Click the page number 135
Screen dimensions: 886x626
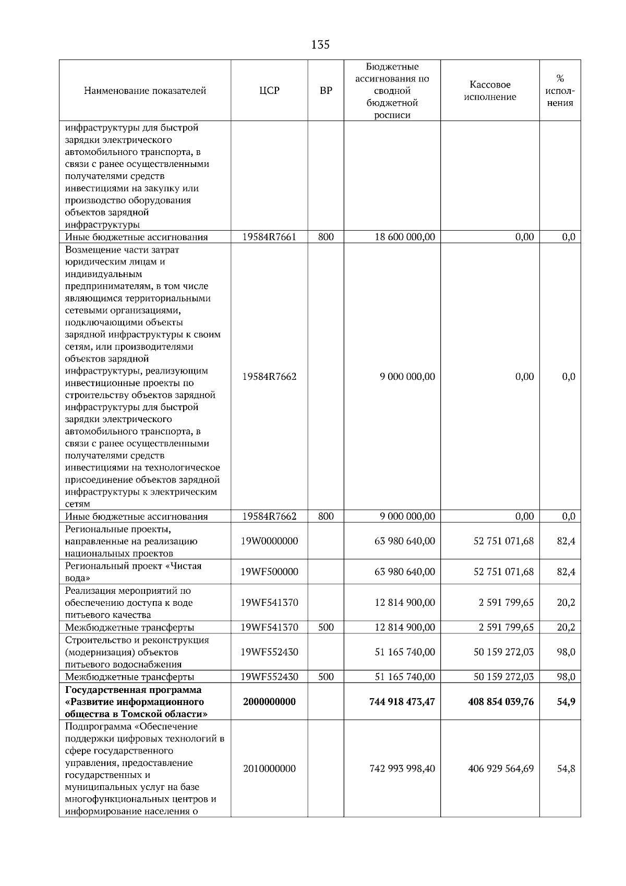point(320,45)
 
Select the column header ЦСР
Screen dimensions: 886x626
point(269,91)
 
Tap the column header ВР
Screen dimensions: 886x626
point(326,91)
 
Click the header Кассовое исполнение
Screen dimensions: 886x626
point(490,91)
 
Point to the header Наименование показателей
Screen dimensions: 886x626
point(145,91)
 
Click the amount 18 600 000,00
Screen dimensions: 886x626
point(405,237)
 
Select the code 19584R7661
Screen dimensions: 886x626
point(269,237)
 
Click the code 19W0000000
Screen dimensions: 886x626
point(269,541)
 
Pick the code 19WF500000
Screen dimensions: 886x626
point(269,572)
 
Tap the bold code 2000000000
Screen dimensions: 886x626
point(269,702)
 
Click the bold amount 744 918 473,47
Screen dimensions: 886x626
point(402,702)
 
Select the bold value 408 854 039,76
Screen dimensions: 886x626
point(501,702)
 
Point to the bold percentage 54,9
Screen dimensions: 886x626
point(566,702)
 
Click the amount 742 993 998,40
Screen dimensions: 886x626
point(402,769)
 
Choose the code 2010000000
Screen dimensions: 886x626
point(269,769)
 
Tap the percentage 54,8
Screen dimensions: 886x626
point(566,769)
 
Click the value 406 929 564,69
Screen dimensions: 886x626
point(501,769)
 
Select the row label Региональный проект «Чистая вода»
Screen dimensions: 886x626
point(133,572)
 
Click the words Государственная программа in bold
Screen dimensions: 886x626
point(133,690)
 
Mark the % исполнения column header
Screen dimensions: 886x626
point(560,91)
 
